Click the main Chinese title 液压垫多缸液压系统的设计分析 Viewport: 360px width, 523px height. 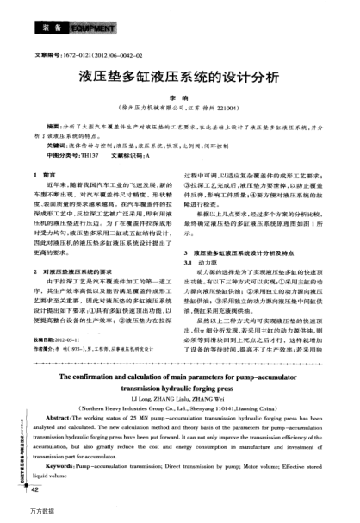click(x=179, y=78)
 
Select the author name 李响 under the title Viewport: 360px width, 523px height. click(x=181, y=100)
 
